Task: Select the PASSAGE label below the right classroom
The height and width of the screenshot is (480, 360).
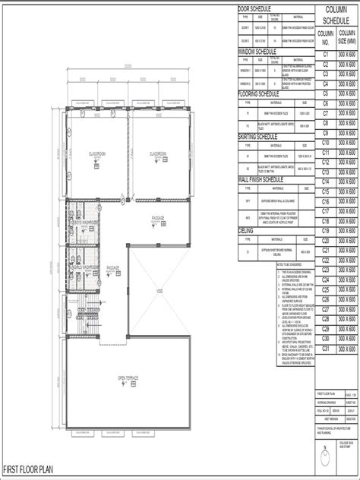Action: pyautogui.click(x=158, y=218)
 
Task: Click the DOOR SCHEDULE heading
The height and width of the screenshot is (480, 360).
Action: pyautogui.click(x=257, y=7)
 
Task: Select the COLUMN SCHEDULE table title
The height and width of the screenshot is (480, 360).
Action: pyautogui.click(x=336, y=14)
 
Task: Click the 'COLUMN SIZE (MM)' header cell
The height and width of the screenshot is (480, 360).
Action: pyautogui.click(x=347, y=38)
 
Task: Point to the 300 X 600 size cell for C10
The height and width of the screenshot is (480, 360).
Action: pyautogui.click(x=347, y=143)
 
